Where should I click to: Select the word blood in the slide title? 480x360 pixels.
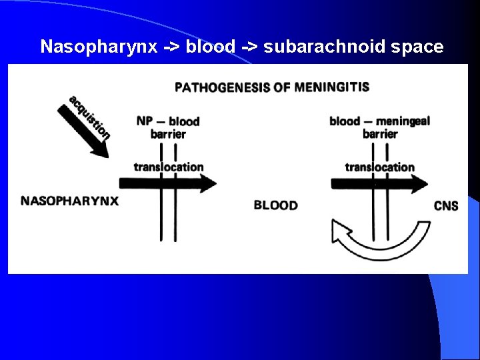click(x=210, y=47)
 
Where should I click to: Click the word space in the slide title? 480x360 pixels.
click(x=413, y=47)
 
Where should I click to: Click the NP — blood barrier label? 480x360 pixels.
click(x=168, y=127)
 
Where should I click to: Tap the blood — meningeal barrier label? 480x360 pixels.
click(x=379, y=127)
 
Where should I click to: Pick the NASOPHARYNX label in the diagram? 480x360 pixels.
click(x=70, y=200)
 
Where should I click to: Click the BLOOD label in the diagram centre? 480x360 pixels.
click(x=275, y=205)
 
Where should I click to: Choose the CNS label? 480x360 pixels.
click(x=445, y=205)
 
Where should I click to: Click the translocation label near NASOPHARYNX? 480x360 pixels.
click(x=168, y=167)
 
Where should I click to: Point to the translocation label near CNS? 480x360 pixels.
click(x=379, y=167)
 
